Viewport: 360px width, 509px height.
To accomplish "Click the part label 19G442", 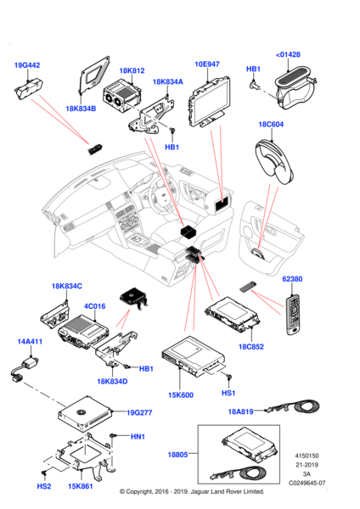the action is (27, 65).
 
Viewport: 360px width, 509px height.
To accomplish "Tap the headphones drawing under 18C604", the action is (274, 162).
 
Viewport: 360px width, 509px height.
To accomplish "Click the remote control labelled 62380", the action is (293, 315).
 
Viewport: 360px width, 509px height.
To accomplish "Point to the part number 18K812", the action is (132, 70).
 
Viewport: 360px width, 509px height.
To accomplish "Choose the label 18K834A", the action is (167, 81).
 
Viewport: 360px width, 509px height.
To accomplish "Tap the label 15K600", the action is (181, 395).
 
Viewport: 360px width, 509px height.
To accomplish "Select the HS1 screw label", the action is (228, 393).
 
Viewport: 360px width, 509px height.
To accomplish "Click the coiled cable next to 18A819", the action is (293, 406).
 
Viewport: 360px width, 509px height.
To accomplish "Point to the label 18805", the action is (177, 455).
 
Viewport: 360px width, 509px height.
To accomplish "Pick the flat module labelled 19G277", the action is (85, 414).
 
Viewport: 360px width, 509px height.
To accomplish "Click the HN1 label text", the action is (138, 437).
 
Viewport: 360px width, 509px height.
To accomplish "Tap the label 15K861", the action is (81, 486).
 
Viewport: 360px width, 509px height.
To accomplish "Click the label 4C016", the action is (94, 306).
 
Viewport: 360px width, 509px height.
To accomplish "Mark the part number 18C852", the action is (251, 347).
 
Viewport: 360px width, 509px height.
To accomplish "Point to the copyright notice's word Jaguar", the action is (201, 492).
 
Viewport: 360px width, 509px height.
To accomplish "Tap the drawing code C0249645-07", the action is (307, 483).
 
